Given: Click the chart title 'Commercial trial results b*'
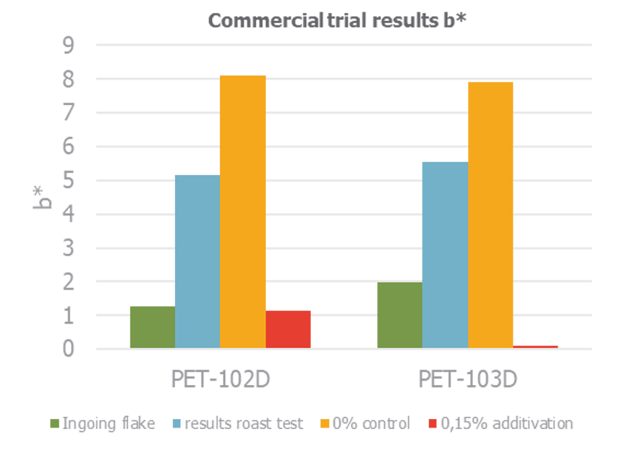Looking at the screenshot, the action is click(337, 21).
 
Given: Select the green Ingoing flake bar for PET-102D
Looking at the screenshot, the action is click(153, 327).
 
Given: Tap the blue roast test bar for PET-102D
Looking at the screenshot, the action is click(197, 262).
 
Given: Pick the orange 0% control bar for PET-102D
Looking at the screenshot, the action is click(243, 211).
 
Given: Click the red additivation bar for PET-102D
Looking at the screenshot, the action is click(288, 330).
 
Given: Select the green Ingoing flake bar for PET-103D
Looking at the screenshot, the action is click(400, 315).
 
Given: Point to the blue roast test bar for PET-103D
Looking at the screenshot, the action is click(445, 255).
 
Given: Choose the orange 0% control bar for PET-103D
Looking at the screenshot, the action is click(491, 215).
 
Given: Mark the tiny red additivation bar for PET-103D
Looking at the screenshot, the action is click(535, 347).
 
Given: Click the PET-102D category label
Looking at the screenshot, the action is click(221, 379).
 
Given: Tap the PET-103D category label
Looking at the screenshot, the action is click(467, 379).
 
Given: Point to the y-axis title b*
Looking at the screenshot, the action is click(42, 198).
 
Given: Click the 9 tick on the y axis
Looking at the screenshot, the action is click(68, 46).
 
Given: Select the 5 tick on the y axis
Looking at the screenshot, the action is click(68, 181).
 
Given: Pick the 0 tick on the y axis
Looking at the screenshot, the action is click(68, 349).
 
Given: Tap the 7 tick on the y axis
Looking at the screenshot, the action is click(68, 113).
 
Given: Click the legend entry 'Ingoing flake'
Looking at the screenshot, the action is click(103, 424).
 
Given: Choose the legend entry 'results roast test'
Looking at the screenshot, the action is click(238, 424).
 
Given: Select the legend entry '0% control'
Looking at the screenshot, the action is click(365, 424).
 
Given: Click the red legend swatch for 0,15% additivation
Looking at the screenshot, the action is click(433, 424).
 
